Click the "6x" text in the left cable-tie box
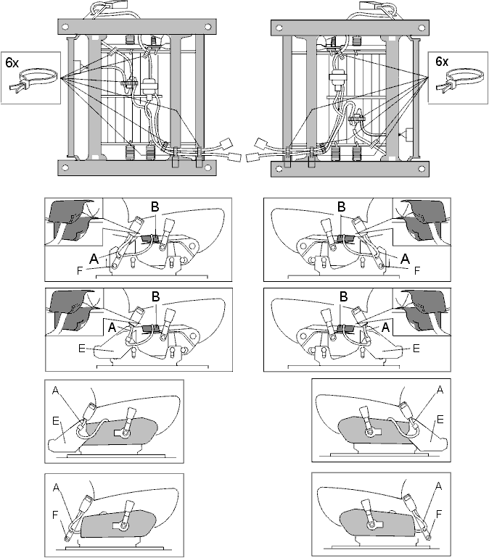point(12,62)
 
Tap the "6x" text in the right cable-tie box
point(442,62)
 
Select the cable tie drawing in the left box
point(33,81)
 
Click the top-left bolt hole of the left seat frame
point(65,27)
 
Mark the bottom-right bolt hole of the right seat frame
point(422,168)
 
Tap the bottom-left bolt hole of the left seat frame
point(65,168)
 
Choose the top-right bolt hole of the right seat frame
point(422,28)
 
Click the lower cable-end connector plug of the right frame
point(252,157)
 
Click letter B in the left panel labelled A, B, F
point(155,206)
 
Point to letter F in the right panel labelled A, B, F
point(417,271)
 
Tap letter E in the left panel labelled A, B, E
point(81,349)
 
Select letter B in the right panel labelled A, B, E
point(343,296)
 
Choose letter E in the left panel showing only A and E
point(56,421)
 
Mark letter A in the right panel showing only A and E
point(440,390)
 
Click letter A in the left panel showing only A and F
point(56,487)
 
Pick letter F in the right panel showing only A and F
point(439,514)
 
